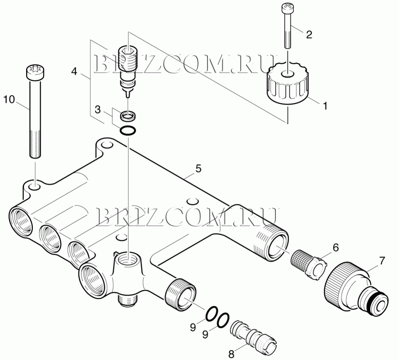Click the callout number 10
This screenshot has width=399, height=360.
point(9,99)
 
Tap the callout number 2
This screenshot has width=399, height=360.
point(309,34)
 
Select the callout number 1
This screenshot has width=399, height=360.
point(325,105)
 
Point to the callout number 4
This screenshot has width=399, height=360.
point(74,71)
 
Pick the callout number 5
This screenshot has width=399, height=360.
point(198,168)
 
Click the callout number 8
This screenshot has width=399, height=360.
point(231,354)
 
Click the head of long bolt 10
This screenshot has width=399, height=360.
point(35,72)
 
